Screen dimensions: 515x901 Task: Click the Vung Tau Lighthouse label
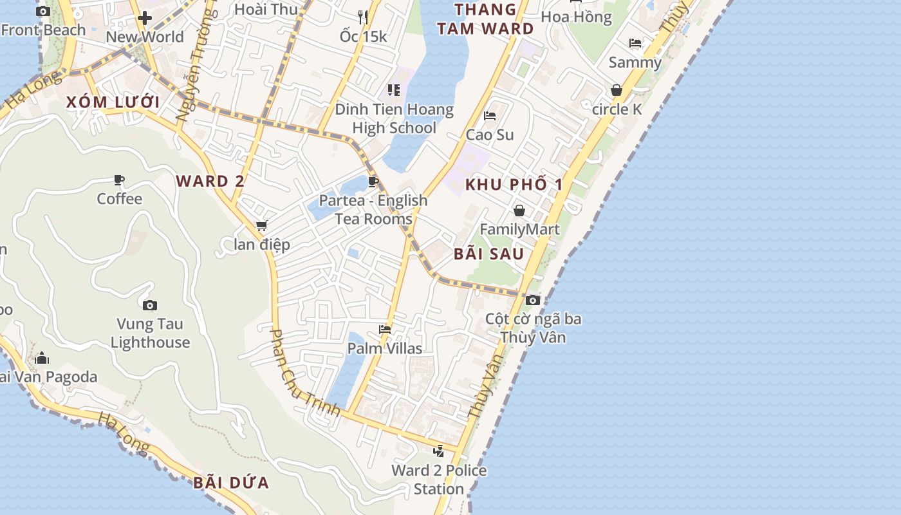150,333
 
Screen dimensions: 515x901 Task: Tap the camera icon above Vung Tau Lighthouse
150,305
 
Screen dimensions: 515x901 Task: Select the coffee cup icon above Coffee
119,180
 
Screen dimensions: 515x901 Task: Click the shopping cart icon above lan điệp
261,226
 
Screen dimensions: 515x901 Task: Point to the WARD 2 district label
210,182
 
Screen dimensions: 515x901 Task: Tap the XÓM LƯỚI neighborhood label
113,102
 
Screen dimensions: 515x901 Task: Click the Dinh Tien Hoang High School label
394,118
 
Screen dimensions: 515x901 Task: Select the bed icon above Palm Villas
385,330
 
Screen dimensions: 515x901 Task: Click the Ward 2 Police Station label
439,480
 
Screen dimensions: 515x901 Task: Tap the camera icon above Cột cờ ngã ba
532,300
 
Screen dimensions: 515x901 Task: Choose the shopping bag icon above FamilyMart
519,211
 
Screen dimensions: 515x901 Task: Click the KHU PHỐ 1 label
514,185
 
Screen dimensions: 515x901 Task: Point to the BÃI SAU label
488,254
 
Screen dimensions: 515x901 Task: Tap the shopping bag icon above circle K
617,90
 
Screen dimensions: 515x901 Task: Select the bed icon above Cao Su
490,116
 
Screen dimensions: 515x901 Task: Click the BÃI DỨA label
231,483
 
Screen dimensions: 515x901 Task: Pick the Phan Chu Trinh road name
304,373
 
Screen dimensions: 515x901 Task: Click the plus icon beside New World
145,18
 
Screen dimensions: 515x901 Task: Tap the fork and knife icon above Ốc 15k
363,17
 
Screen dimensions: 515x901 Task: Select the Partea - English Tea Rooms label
373,209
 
